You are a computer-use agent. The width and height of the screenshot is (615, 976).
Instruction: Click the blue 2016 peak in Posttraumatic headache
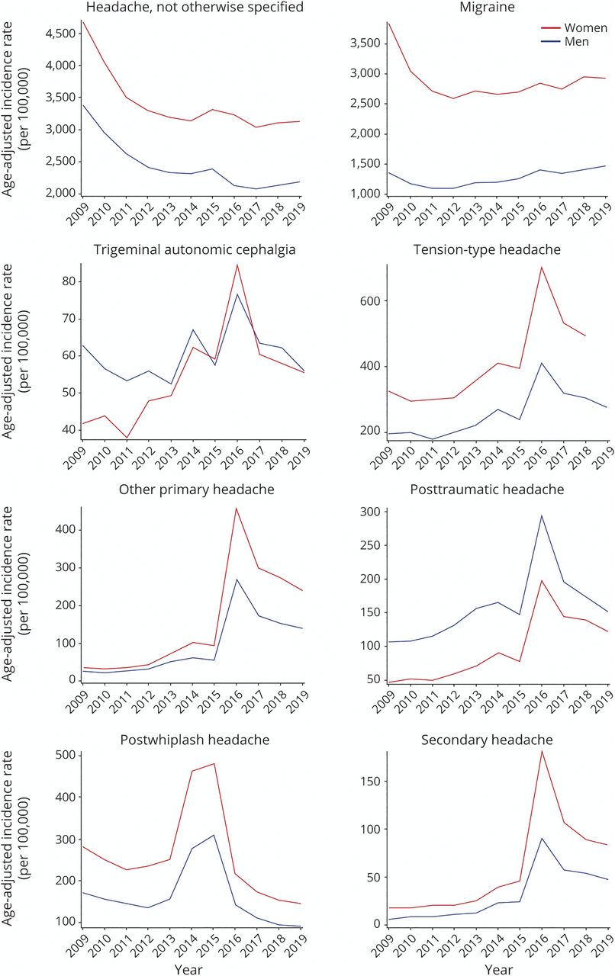click(520, 515)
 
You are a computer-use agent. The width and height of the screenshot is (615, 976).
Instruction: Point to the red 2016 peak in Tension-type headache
click(520, 267)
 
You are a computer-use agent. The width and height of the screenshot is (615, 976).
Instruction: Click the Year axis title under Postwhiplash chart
click(192, 969)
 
